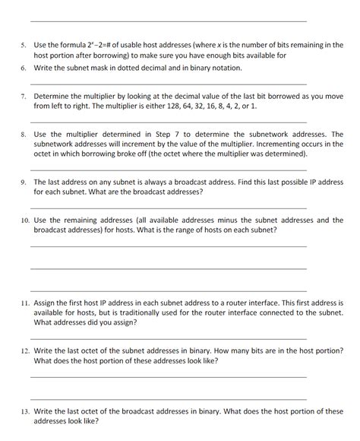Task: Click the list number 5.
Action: coord(24,46)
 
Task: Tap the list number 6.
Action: coord(24,68)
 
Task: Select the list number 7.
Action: coord(24,97)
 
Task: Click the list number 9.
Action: coord(24,182)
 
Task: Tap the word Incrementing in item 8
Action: coord(226,144)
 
